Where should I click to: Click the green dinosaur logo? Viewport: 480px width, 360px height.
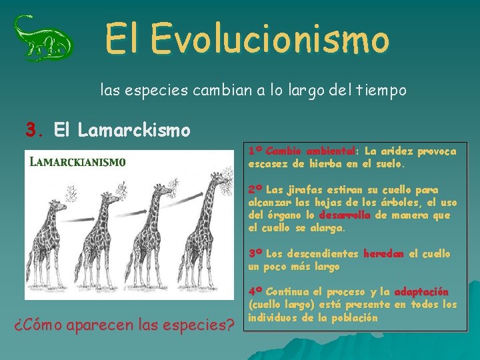[x=43, y=38]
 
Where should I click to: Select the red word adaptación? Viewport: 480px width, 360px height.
[x=421, y=292]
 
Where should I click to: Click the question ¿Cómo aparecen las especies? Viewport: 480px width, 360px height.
[x=125, y=327]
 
